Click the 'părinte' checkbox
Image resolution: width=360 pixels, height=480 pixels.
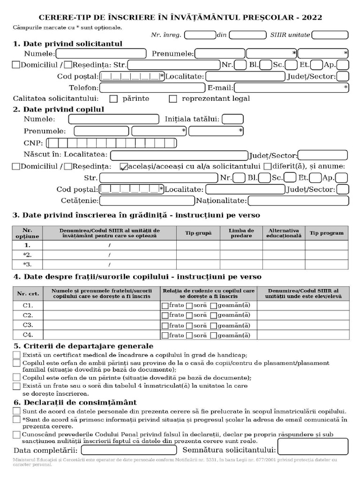[x=113, y=99]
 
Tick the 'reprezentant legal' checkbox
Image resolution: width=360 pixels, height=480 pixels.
[x=173, y=99]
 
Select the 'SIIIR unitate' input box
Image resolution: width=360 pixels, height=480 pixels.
[x=330, y=35]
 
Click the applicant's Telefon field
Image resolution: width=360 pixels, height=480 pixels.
[x=152, y=88]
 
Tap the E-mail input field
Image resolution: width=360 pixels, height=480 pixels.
[x=291, y=88]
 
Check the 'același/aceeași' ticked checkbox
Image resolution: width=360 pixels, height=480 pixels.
[x=124, y=166]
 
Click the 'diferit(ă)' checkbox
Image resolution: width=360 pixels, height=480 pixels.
[x=267, y=166]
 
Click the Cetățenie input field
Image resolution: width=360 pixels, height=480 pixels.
[x=147, y=201]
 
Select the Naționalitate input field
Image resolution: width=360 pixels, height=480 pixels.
[x=298, y=201]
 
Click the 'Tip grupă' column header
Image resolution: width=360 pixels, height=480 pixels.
[x=198, y=233]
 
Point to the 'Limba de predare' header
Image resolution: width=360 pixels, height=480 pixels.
[x=241, y=233]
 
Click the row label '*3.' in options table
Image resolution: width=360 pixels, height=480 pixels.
[x=27, y=265]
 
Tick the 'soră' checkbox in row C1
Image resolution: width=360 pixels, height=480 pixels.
[x=189, y=306]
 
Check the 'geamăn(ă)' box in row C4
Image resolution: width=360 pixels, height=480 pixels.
[x=214, y=336]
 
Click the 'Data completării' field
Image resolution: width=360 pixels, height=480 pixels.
[x=126, y=450]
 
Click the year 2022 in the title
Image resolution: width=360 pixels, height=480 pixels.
[x=312, y=18]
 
